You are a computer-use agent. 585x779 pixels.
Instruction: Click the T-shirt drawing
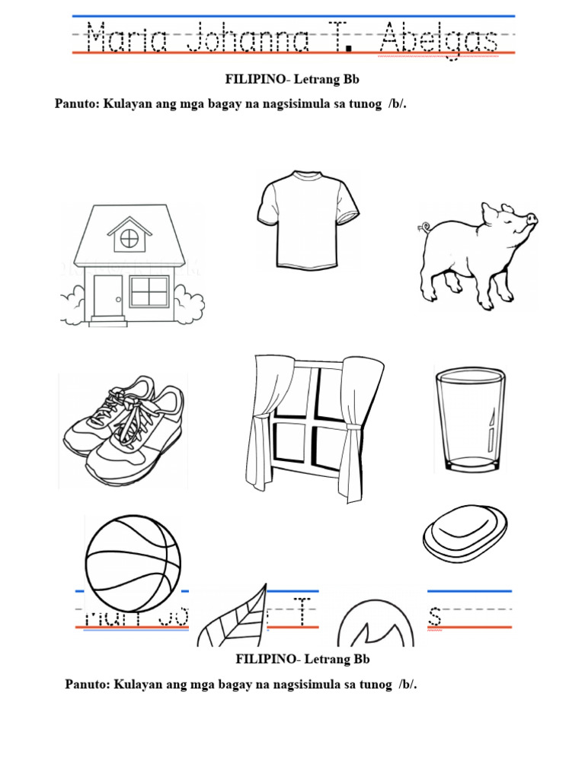pyautogui.click(x=308, y=221)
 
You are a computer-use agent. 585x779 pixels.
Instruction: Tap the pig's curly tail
pyautogui.click(x=424, y=226)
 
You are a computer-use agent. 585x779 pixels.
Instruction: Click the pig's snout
pyautogui.click(x=531, y=219)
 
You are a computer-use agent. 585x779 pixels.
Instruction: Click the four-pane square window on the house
pyautogui.click(x=149, y=291)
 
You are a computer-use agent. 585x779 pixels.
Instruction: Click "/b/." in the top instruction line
pyautogui.click(x=397, y=104)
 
